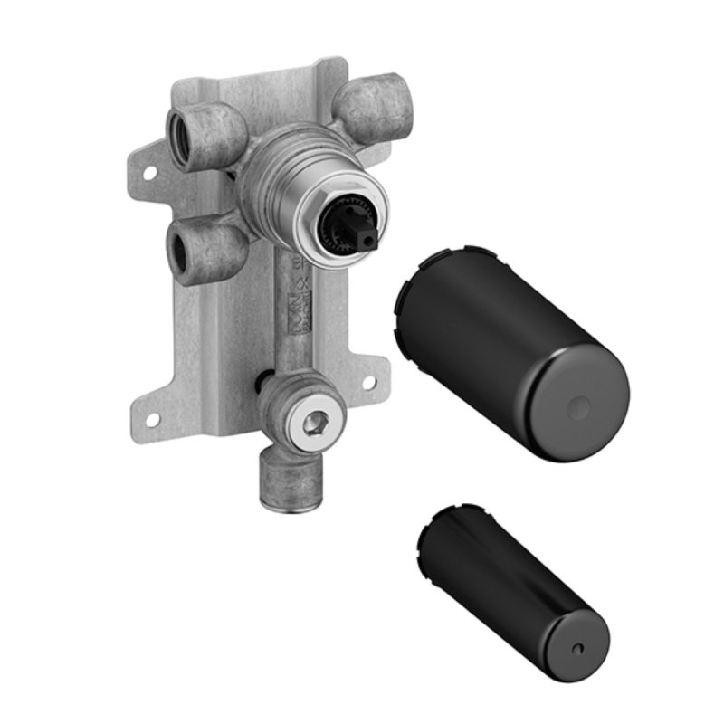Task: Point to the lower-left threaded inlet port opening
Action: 177,248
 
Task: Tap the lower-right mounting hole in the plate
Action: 368,382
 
